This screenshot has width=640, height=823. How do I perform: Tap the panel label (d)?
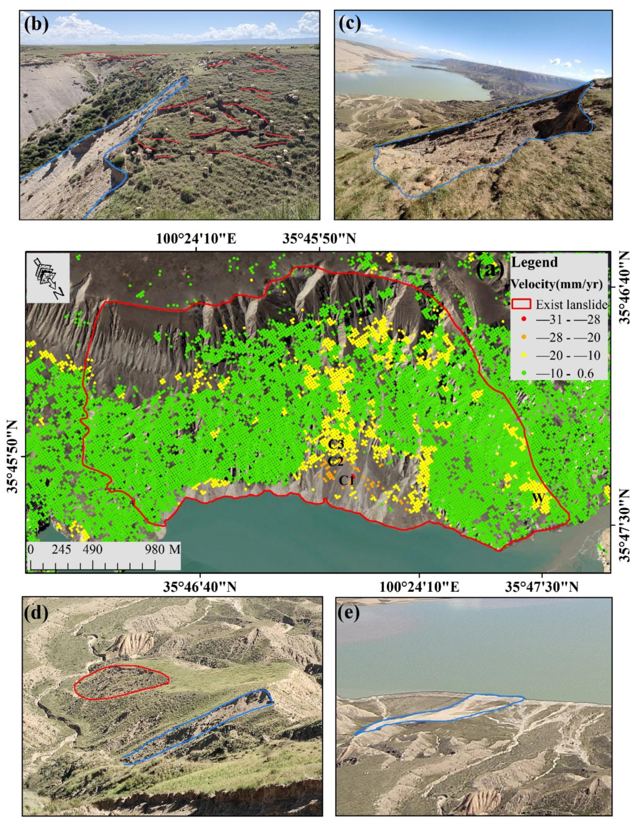[x=36, y=614]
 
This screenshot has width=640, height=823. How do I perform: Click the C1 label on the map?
[x=346, y=480]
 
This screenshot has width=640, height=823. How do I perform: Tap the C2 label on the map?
[x=335, y=461]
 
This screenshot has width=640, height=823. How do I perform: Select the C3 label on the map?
[x=336, y=444]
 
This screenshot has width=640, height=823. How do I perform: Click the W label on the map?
[x=538, y=497]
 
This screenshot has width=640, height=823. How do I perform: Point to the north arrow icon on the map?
[x=48, y=278]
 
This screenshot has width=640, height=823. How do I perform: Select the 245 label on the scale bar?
[x=61, y=549]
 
